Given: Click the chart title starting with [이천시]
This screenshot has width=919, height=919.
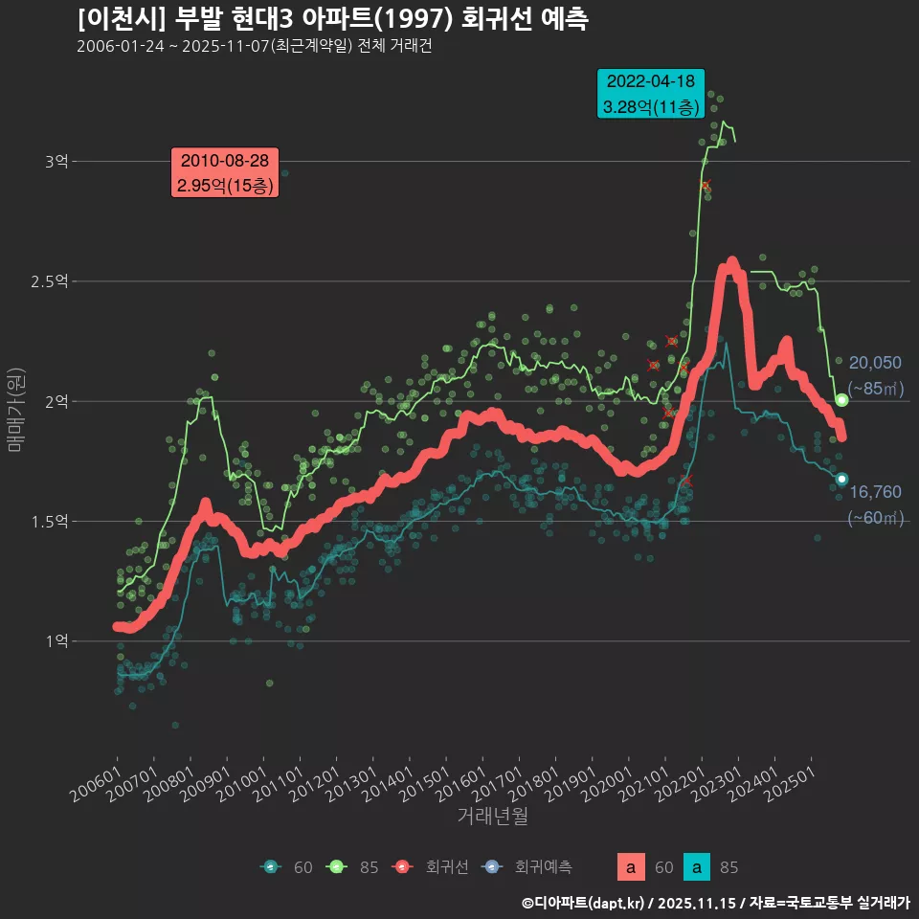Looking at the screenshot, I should (332, 18).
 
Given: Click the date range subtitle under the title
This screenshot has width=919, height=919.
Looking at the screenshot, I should (255, 47).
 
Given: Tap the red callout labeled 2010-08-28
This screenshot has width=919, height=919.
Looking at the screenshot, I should (224, 173).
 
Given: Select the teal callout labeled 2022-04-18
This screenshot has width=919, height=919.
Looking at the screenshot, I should (651, 94).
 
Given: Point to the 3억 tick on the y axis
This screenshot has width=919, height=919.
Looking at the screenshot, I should (56, 162).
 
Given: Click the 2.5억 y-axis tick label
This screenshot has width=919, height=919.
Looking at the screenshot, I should (50, 281).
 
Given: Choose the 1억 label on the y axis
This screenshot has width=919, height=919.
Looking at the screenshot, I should (56, 641).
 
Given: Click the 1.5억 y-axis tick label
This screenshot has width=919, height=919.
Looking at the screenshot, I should (50, 522).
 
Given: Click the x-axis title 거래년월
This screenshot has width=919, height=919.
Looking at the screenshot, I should (492, 816).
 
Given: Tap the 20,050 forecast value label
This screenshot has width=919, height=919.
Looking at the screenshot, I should (875, 363).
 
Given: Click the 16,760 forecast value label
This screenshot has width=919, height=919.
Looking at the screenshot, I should (875, 492).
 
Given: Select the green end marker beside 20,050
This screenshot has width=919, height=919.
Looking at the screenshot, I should (841, 400).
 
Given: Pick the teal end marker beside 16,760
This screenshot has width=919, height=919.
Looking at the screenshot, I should (841, 479).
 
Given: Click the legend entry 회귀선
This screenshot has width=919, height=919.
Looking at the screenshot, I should (446, 867).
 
